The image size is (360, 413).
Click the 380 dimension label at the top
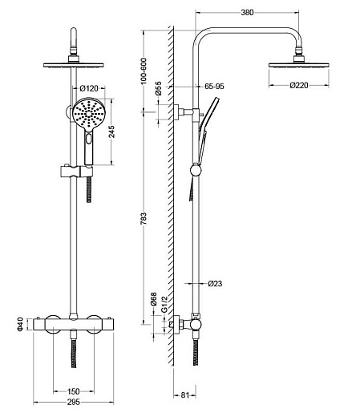pos(247,12)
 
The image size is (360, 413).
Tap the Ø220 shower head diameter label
pos(299,85)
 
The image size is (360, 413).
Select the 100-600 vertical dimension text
pos(144,71)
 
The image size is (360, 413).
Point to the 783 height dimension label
pos(144,218)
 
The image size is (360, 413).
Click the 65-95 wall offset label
pos(214,87)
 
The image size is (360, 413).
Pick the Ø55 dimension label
pos(158,88)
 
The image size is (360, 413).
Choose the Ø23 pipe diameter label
pos(215,283)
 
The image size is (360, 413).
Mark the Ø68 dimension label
pos(153,299)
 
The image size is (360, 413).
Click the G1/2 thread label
pos(164,304)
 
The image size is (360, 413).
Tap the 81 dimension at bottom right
pos(184,395)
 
